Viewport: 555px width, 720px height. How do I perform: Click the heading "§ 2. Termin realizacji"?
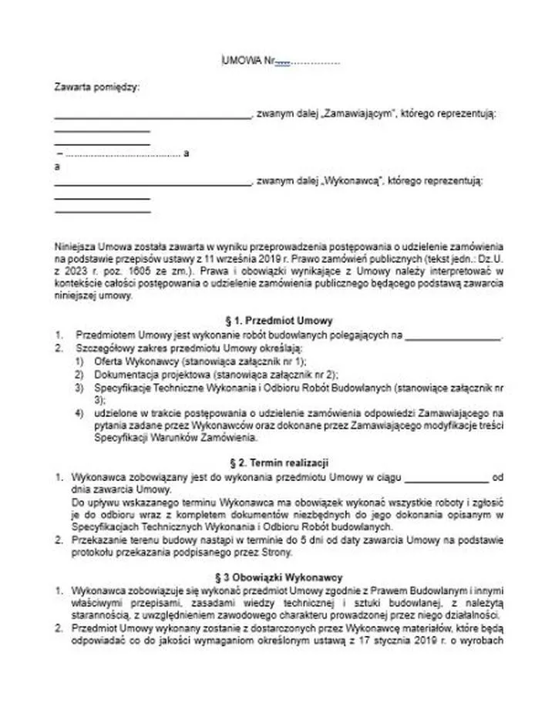tap(277, 463)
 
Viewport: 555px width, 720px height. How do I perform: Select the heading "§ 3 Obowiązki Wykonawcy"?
tap(277, 577)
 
